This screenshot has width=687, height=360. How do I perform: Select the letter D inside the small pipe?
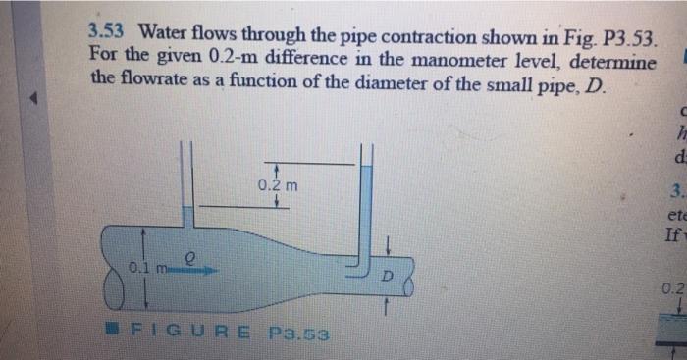387,277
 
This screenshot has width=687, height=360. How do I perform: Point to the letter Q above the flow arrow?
194,255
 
